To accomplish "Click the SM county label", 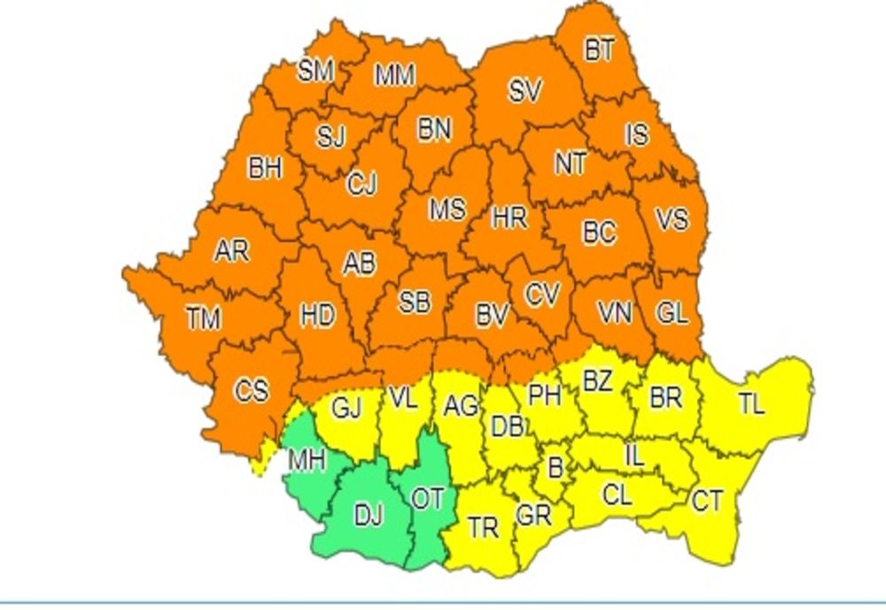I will click(x=316, y=71).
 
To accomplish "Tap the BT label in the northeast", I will click(x=599, y=51).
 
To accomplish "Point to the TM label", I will click(x=203, y=317).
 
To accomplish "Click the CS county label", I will click(x=251, y=389).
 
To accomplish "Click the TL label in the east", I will click(x=750, y=404).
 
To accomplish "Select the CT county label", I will click(x=706, y=502).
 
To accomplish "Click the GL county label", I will click(x=671, y=313).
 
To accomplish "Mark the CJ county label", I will click(x=361, y=184).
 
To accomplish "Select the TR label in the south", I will click(x=483, y=528).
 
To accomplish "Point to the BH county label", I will click(x=264, y=168).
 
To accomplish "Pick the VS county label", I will click(x=671, y=217).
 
